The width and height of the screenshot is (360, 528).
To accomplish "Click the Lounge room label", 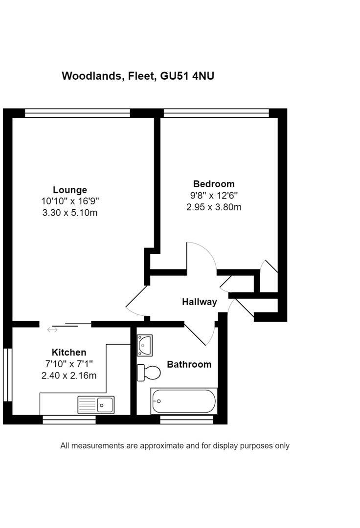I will pos(70,190).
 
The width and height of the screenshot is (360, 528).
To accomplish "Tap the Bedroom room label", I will pos(214,184).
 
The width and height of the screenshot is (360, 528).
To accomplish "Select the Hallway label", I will pos(199,302).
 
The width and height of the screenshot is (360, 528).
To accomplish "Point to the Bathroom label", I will pos(189,364).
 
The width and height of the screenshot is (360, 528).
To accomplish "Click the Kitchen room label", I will pos(69,352).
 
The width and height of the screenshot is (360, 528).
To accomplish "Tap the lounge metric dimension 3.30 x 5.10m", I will pos(70,213).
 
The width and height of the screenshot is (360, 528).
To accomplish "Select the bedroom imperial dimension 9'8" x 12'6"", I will pos(214,196).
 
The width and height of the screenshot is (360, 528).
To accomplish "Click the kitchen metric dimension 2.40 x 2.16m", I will pos(69,375).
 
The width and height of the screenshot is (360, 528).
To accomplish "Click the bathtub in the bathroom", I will pos(184,401).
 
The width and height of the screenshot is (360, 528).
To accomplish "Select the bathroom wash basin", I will pos(145,345).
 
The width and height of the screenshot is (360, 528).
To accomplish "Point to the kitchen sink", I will pos(96,405).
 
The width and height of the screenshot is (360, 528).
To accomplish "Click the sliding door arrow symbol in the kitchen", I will pos(52,330).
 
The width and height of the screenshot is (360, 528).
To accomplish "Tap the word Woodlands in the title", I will pos(91,76).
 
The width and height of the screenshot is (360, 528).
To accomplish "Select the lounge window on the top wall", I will pos(77,113).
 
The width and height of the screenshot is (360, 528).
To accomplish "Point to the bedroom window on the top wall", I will pos(216,113).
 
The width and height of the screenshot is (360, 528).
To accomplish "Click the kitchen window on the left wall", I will pos(7,374).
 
